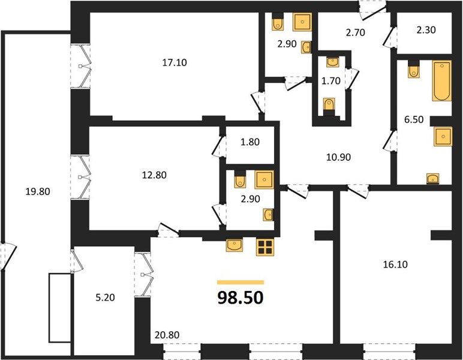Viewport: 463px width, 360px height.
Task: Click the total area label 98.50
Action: (x=240, y=298)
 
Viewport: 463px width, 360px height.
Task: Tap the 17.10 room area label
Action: (x=175, y=62)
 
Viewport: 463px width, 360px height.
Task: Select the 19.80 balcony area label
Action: (x=38, y=191)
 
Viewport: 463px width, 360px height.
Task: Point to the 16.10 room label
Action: (x=395, y=265)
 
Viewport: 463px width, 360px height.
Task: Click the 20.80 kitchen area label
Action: (x=167, y=335)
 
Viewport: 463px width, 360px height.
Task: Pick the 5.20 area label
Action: (x=106, y=298)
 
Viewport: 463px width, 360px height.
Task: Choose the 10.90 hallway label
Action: (x=338, y=157)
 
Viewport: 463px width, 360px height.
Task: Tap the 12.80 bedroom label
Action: (x=154, y=175)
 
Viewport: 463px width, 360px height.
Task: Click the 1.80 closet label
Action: (x=250, y=142)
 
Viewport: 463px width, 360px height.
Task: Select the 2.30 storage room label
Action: (x=426, y=30)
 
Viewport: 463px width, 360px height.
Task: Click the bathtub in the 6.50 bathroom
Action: (x=442, y=81)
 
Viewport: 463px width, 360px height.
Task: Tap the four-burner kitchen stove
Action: (x=265, y=247)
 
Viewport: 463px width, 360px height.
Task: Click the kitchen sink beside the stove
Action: (x=234, y=245)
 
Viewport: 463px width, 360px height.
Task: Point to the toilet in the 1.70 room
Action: (x=329, y=106)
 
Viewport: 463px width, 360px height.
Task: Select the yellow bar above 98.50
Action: (x=240, y=283)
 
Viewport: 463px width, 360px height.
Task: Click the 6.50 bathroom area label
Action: (x=414, y=119)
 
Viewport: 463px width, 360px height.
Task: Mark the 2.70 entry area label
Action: (x=355, y=32)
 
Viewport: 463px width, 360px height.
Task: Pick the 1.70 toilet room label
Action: (x=330, y=80)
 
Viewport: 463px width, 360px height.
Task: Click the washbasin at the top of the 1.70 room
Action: (x=333, y=62)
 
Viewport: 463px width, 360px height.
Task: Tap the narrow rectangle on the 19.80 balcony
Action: (x=60, y=308)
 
